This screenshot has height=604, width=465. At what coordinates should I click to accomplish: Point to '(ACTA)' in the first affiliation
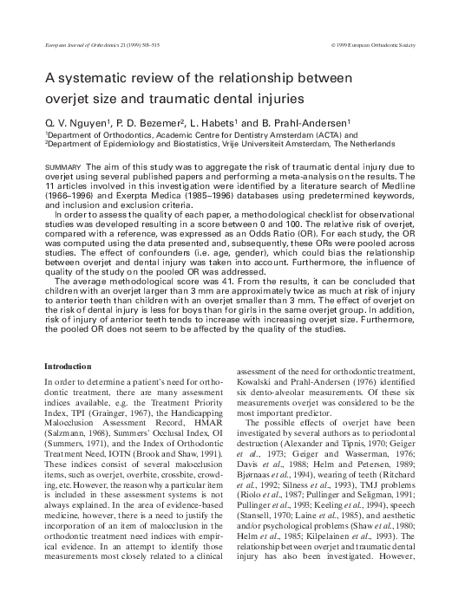(292, 134)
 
